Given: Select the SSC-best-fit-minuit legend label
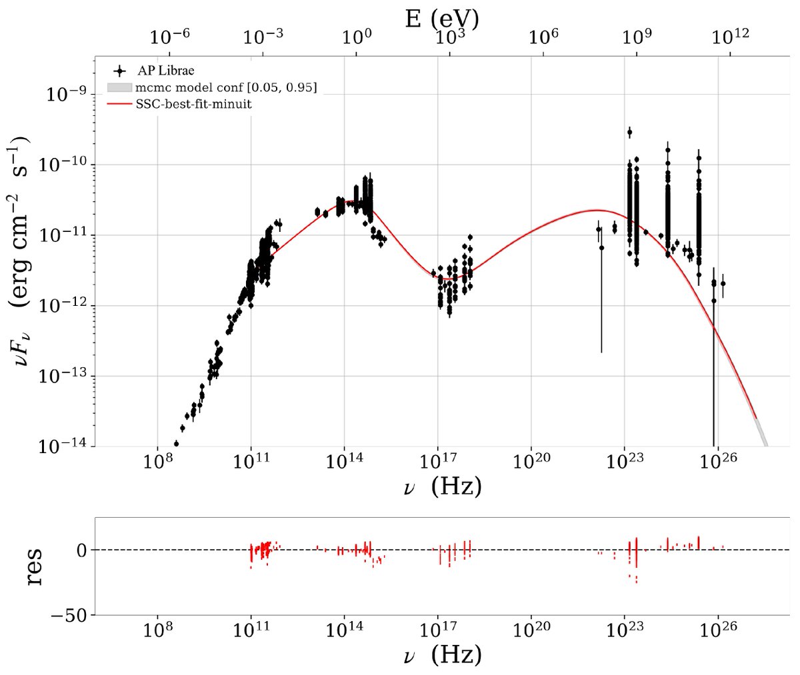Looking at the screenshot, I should coord(193,104).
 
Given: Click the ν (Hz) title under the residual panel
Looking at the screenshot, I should coord(442,655).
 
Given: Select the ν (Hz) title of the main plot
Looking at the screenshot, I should coord(442,486).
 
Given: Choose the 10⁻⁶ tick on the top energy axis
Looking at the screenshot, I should coord(170,37).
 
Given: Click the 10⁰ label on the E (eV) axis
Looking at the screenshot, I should coord(357,37).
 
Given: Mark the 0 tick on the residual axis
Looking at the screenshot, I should coord(81,550).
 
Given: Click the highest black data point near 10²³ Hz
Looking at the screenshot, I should coord(629,132).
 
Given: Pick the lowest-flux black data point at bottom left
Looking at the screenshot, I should coord(176,443).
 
